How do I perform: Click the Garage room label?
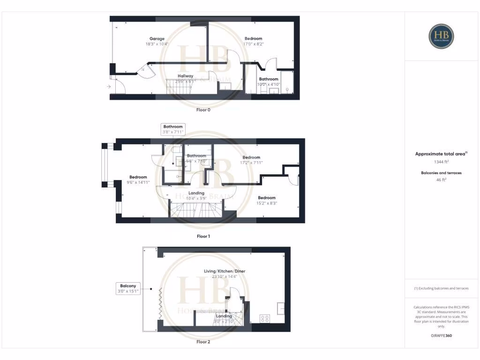coord(157,38)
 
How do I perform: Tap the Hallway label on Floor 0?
coord(185,76)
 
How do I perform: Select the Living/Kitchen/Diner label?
coord(224,271)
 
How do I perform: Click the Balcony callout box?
coord(128,288)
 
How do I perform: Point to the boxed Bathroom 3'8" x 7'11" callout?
coord(173,129)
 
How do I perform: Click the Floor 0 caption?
coord(203,110)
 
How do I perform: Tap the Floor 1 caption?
coord(203,236)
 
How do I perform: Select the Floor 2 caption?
coord(203,342)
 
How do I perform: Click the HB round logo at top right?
coord(441,36)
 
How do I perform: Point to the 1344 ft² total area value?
coord(441,162)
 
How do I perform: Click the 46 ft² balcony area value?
coord(441,179)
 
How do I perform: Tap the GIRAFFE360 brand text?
coord(441,336)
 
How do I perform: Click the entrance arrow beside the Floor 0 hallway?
coord(109,87)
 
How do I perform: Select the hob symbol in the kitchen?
coord(265,319)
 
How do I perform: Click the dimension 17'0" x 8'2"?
coord(254,44)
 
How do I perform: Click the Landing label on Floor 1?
coord(196,193)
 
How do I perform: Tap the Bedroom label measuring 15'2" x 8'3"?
coord(266,198)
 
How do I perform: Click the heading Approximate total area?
coord(441,154)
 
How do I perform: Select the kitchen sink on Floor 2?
coord(281,308)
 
